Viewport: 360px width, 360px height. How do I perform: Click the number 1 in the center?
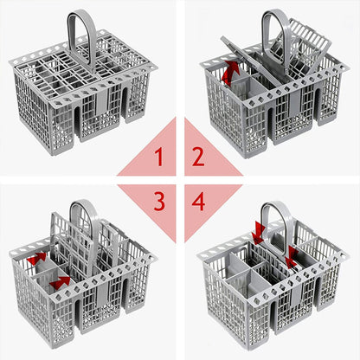tap(157, 157)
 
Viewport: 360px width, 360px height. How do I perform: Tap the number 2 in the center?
tap(198, 157)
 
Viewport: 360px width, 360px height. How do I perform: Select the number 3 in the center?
tap(157, 202)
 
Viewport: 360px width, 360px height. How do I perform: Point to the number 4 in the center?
tap(198, 202)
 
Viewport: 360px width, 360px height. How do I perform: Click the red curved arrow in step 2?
tap(230, 74)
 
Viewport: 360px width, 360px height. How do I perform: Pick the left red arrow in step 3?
tap(35, 259)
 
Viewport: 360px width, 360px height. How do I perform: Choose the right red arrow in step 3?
tap(59, 282)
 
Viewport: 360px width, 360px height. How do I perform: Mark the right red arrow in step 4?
tap(292, 254)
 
